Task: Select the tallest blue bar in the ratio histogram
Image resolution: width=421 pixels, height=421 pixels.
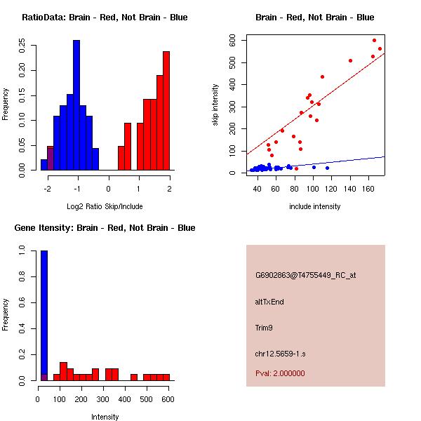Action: click(76, 105)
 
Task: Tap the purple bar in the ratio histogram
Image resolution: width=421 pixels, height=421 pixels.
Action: click(51, 158)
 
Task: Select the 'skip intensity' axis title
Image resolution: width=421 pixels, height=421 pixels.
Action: click(215, 105)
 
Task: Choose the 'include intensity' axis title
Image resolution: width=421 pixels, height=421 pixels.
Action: click(315, 206)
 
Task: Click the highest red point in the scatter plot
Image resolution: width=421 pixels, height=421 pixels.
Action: click(374, 41)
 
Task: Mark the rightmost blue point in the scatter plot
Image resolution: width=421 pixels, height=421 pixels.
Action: click(327, 168)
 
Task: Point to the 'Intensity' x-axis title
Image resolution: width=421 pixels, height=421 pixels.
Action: click(105, 417)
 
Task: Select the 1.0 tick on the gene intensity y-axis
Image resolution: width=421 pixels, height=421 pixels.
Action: click(22, 250)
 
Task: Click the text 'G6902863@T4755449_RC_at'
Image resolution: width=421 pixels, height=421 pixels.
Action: click(305, 276)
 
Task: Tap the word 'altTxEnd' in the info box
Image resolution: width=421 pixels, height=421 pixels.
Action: click(269, 302)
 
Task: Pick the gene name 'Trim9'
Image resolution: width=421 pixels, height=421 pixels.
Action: click(265, 328)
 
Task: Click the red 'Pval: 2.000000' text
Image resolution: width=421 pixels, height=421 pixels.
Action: click(280, 373)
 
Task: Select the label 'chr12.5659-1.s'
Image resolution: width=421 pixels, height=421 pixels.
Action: click(279, 354)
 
